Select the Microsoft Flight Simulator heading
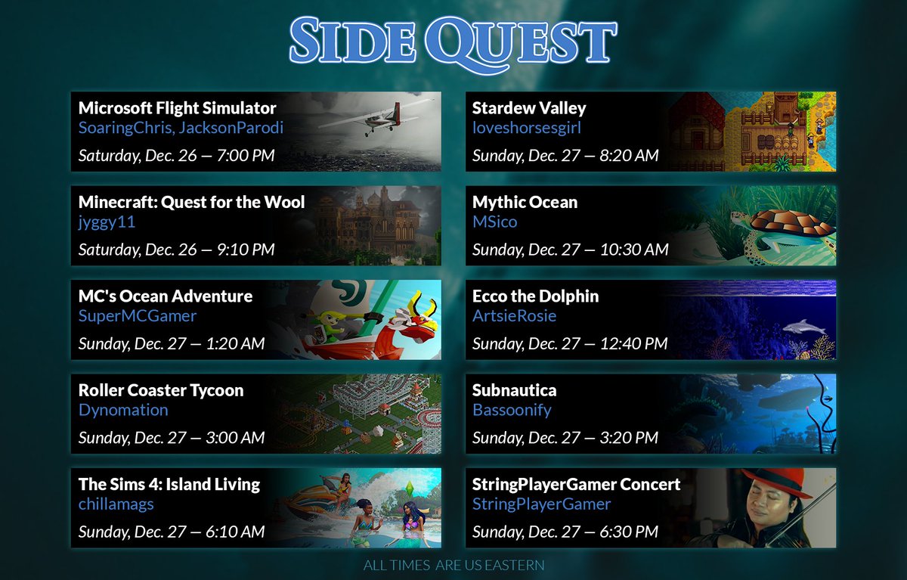tap(177, 108)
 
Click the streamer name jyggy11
tap(107, 222)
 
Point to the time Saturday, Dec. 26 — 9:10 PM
tap(176, 250)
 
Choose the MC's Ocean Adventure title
tap(165, 296)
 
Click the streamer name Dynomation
tap(123, 410)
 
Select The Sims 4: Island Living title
tap(169, 484)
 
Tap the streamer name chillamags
tap(116, 504)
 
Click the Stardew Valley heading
tap(528, 108)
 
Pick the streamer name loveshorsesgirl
tap(526, 128)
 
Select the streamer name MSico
tap(494, 222)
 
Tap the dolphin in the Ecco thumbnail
tap(803, 326)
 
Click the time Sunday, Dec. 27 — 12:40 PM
tap(570, 343)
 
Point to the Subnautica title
tap(514, 390)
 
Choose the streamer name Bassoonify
tap(512, 410)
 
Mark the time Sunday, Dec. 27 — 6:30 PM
tap(565, 532)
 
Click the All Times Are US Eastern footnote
tap(453, 565)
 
